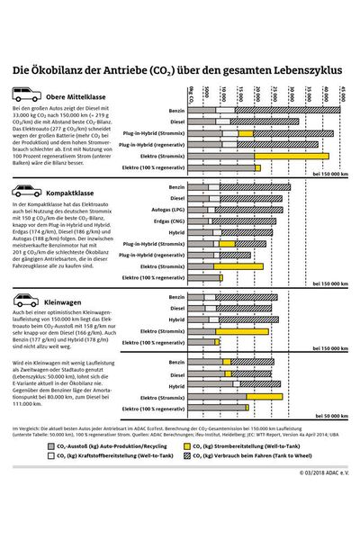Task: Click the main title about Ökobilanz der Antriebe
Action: coord(179,69)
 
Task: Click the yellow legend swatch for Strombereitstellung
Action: coord(186,444)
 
